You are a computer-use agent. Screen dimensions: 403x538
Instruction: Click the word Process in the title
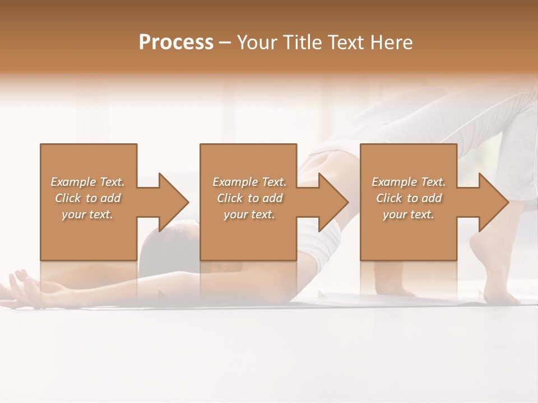(176, 43)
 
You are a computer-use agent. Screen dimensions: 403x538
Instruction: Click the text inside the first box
(87, 198)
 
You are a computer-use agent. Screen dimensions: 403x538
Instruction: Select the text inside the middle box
(249, 198)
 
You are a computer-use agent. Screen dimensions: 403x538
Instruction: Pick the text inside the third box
(409, 198)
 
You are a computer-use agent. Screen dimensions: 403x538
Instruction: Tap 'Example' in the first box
(73, 182)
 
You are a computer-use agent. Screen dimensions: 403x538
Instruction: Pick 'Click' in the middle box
(230, 198)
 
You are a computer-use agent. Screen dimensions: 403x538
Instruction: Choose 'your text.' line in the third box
(409, 214)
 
